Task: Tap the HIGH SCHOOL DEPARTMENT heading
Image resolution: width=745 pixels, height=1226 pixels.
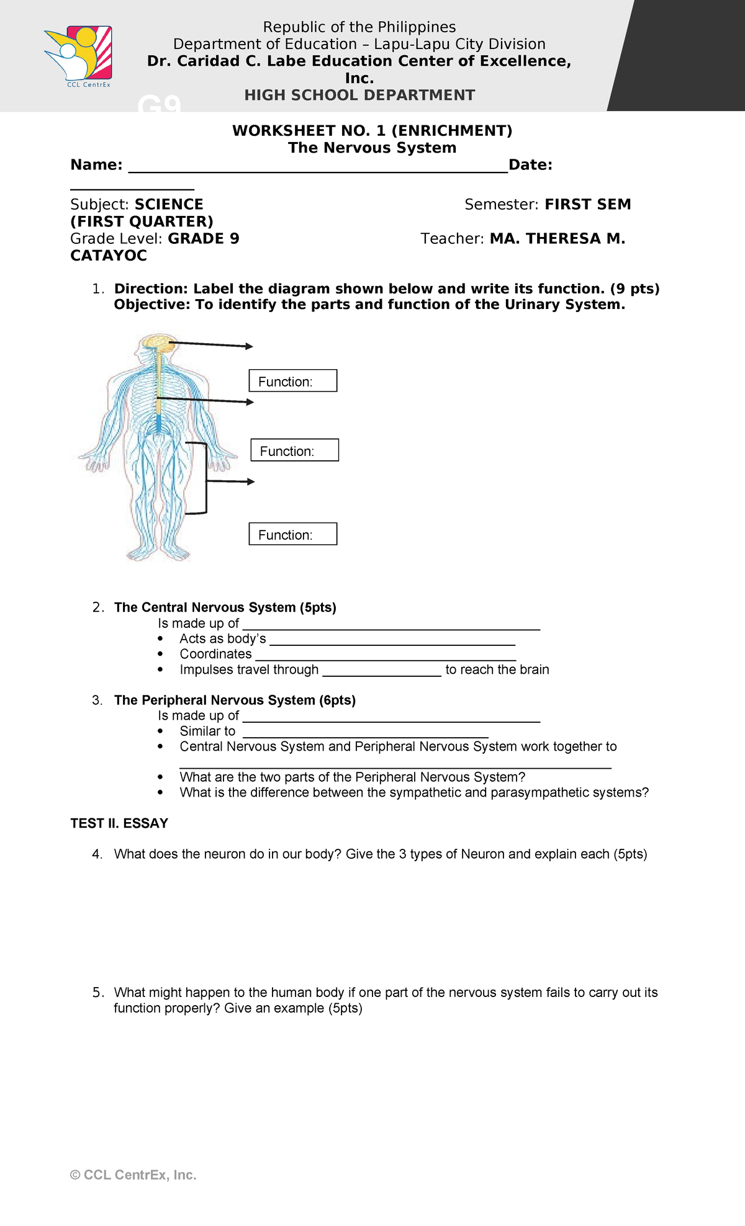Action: pos(359,96)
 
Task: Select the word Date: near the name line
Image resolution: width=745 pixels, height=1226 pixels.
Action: pos(530,165)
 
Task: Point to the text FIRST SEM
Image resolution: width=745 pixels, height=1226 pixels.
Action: pos(587,205)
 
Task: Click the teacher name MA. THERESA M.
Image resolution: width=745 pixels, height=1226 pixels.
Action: pos(557,239)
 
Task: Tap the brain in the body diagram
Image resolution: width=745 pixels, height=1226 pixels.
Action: pos(156,342)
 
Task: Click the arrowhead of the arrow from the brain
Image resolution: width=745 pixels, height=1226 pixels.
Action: pos(250,346)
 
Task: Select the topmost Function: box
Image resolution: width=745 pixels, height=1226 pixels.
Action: pos(293,381)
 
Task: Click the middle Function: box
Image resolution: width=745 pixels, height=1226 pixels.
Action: pos(294,450)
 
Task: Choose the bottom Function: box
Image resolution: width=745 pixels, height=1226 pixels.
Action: pos(293,534)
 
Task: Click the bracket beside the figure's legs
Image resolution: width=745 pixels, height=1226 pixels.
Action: pos(204,478)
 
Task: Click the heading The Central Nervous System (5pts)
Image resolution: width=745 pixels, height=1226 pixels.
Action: pos(225,607)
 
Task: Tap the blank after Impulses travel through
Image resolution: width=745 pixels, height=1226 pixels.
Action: pos(381,671)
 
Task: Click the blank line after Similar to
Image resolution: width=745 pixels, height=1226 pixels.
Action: pos(365,732)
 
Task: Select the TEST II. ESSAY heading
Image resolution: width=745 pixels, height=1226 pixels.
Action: pos(119,823)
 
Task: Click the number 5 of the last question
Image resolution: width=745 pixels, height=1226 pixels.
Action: pos(97,993)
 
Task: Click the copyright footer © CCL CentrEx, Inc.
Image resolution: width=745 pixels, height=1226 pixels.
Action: pos(133,1175)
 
